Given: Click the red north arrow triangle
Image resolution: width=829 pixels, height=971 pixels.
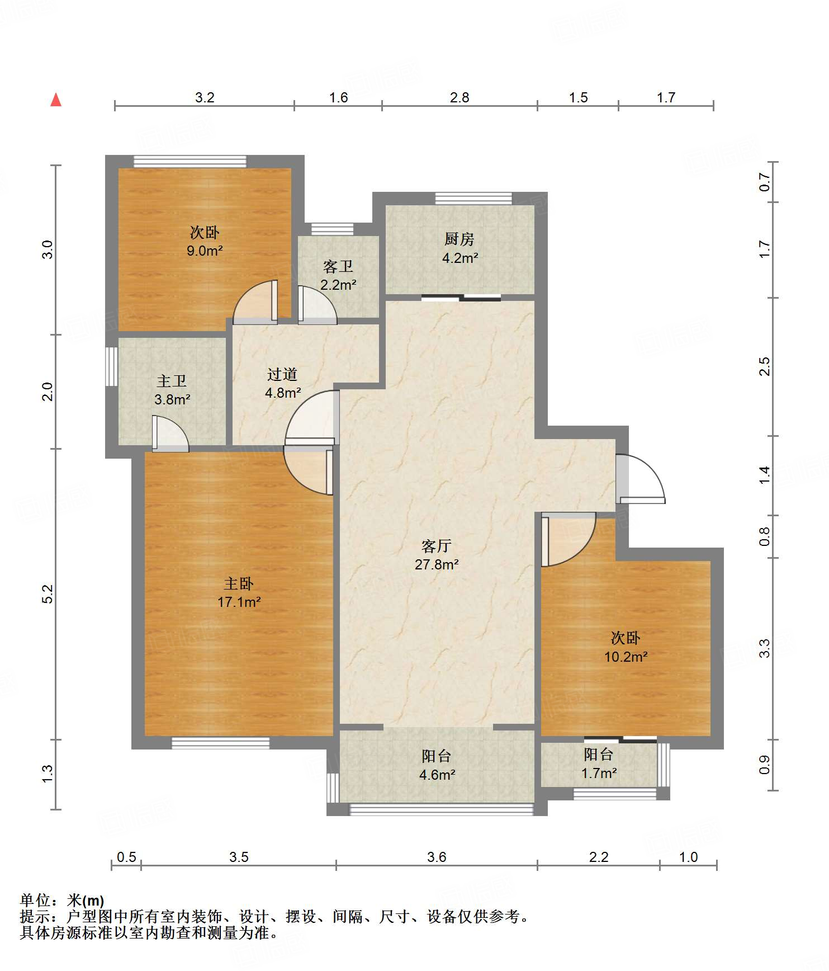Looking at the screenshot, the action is pyautogui.click(x=56, y=100).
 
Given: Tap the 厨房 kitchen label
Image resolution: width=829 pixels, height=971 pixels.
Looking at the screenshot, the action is pyautogui.click(x=459, y=239).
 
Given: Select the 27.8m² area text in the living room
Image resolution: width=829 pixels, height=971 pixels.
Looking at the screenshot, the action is pyautogui.click(x=437, y=564).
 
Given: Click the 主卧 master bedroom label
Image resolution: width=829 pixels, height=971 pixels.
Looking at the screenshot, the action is pyautogui.click(x=239, y=584).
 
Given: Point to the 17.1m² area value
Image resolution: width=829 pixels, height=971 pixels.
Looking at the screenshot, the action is pyautogui.click(x=239, y=602).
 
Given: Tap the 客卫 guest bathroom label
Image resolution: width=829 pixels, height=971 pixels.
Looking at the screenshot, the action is pyautogui.click(x=338, y=267).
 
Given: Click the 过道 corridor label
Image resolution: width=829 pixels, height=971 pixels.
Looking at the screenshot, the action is pyautogui.click(x=282, y=375).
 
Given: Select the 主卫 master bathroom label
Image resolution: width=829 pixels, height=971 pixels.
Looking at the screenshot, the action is pyautogui.click(x=172, y=381).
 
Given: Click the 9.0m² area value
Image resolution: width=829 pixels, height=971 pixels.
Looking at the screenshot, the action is pyautogui.click(x=205, y=251).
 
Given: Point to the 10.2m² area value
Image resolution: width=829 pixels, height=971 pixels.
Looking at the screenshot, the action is pyautogui.click(x=626, y=657).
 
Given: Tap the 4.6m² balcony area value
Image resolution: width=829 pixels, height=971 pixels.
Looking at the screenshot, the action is pyautogui.click(x=437, y=775).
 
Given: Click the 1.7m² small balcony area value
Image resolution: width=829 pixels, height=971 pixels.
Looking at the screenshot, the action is pyautogui.click(x=599, y=774).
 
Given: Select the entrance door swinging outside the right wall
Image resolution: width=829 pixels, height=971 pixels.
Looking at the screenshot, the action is pyautogui.click(x=641, y=479).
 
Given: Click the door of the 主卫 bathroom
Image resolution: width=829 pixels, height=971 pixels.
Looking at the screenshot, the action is pyautogui.click(x=170, y=433).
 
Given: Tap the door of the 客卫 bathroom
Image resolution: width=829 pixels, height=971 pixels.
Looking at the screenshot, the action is pyautogui.click(x=318, y=305).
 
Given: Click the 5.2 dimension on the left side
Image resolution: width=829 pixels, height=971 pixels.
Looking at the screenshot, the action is pyautogui.click(x=48, y=593).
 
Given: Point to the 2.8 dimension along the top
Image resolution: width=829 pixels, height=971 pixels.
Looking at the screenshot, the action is pyautogui.click(x=459, y=98).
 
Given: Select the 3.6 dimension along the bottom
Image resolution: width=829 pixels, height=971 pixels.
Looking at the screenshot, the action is pyautogui.click(x=437, y=857).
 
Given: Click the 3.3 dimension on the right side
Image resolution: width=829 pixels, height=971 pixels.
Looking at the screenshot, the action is pyautogui.click(x=764, y=648).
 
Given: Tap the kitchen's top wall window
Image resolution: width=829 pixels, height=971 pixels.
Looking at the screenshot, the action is pyautogui.click(x=473, y=198).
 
